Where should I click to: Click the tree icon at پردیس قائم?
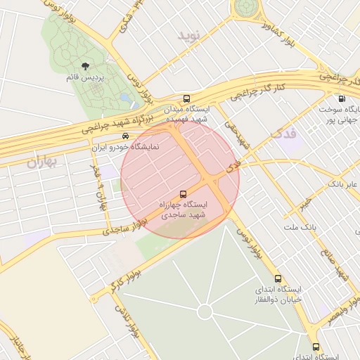point(86,66)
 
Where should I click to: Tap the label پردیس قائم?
point(86,77)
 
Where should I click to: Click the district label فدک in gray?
point(283,131)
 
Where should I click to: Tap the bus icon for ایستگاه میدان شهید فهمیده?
point(186,98)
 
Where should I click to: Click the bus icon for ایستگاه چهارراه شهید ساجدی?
point(184,193)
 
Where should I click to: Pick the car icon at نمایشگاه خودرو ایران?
point(125,136)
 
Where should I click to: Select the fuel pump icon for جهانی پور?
point(342,99)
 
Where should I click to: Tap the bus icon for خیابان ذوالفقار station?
point(278,279)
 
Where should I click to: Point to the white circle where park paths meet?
point(205,311)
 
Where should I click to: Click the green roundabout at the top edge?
point(246,6)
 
